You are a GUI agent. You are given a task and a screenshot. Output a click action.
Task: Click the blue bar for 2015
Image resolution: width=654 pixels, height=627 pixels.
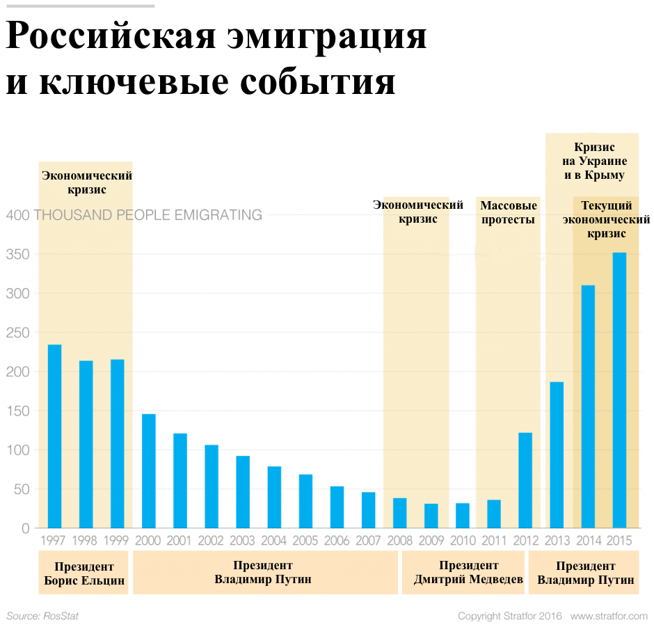point(619,390)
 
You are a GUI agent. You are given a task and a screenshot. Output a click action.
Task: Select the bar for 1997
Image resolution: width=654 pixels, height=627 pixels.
point(54,436)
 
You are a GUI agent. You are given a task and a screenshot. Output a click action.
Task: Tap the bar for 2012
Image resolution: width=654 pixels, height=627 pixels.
point(525,480)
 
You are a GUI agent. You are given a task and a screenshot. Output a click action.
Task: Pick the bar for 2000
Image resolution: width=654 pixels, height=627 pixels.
point(149,471)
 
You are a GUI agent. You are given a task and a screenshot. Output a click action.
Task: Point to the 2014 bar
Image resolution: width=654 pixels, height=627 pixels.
point(588,406)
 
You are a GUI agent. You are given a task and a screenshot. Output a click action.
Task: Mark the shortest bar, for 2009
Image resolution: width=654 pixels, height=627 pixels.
point(431,516)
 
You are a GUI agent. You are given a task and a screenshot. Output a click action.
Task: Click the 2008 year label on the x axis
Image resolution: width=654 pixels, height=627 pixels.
point(399,540)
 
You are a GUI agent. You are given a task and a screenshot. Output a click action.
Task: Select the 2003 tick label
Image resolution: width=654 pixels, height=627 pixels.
point(243,540)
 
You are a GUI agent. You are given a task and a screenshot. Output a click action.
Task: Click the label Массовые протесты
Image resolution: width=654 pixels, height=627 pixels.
point(508,213)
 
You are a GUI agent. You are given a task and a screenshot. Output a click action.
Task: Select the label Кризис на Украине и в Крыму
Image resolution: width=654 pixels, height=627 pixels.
point(594,161)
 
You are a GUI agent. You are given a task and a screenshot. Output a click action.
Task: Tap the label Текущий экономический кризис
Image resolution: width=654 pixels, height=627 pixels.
point(606,220)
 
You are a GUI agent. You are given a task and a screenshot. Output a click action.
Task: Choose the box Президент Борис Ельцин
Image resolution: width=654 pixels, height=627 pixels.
point(84,573)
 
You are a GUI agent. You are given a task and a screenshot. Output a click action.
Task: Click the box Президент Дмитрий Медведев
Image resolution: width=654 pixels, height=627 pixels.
point(468,573)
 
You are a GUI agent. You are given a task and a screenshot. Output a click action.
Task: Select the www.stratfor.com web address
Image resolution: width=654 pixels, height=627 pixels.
point(609,617)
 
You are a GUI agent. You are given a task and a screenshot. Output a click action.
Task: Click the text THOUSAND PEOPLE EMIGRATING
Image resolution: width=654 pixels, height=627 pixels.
point(147,215)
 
